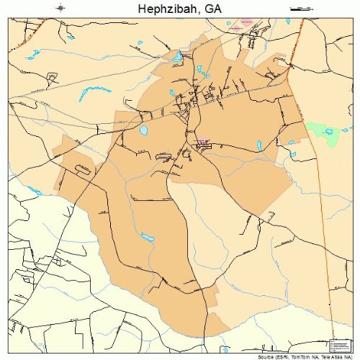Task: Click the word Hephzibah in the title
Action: point(165,9)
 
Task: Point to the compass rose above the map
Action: point(61,9)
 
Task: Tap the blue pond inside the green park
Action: point(329,132)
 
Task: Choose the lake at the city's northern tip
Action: point(176,56)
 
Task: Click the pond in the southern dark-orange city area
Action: point(147,238)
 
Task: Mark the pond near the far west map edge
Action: point(34,191)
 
